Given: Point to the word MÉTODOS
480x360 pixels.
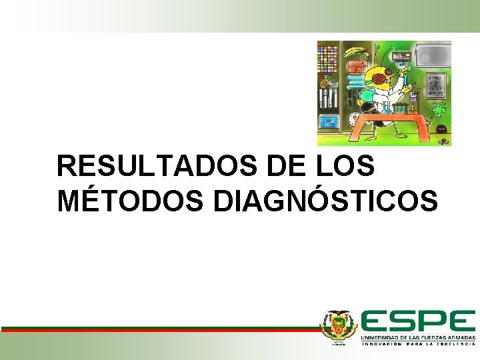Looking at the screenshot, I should pos(131,201).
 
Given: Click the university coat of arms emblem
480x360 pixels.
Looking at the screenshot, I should pos(339,327).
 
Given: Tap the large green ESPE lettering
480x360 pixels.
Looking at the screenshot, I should pos(418,321).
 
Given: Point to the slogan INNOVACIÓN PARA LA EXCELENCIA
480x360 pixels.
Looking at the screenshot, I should pos(418,344).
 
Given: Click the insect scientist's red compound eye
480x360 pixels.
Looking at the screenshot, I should pos(381,77).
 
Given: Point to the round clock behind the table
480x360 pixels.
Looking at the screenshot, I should pos(353,120).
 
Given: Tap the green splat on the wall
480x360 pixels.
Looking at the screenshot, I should pos(438,110).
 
